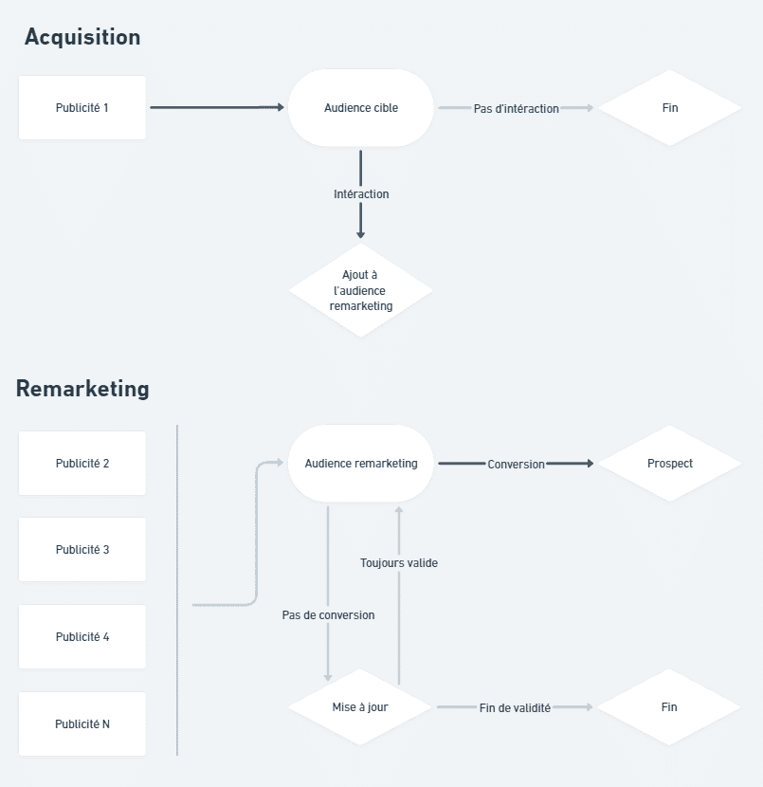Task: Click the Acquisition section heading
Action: click(82, 37)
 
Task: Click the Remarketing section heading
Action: click(82, 389)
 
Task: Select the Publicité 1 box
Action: click(82, 108)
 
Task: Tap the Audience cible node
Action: click(361, 108)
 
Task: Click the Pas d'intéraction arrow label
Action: click(517, 108)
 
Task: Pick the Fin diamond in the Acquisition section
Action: click(669, 108)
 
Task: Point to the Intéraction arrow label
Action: click(361, 193)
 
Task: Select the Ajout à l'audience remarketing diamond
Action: click(361, 290)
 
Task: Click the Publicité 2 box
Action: click(82, 464)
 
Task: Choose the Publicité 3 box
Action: click(82, 550)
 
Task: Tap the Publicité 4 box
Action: click(82, 637)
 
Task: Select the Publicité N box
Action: click(82, 723)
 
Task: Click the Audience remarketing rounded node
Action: click(361, 464)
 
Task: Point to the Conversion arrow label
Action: click(517, 465)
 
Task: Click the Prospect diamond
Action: click(669, 464)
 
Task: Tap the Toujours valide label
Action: click(399, 563)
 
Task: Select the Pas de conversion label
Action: click(328, 615)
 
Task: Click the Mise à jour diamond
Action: click(360, 707)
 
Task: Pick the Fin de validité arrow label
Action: click(515, 708)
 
